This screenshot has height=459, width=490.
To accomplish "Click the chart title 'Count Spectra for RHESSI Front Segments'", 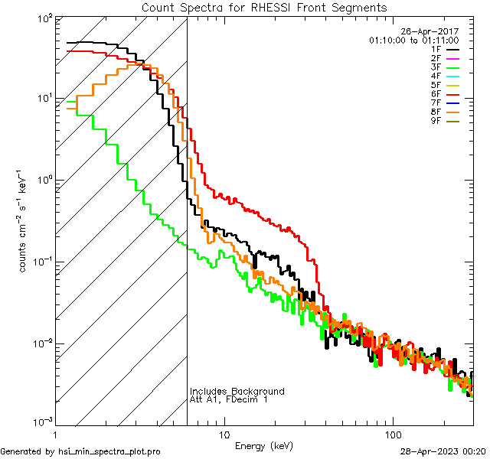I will click(x=264, y=7).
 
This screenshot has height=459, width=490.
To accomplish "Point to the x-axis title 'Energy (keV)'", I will click(x=264, y=445).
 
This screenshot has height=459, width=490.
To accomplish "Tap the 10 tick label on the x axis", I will click(x=224, y=434).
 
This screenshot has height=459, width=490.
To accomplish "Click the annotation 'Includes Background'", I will click(x=237, y=392).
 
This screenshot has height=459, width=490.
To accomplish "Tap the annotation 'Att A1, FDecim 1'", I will click(x=230, y=400).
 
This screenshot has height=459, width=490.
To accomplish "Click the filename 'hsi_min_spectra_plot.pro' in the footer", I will click(x=109, y=451).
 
